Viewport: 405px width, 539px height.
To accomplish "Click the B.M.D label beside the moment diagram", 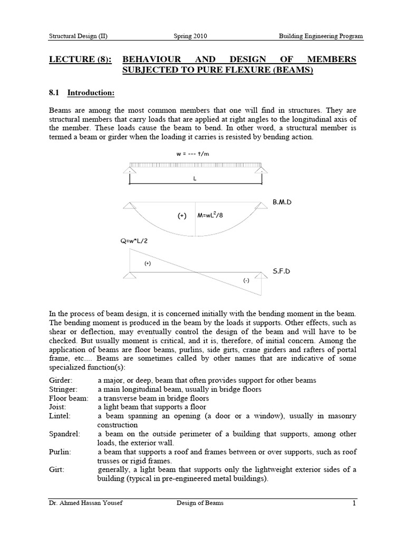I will [285, 202].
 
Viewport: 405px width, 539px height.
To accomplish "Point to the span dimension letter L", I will [195, 178].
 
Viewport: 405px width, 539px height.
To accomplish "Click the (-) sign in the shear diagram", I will [246, 281].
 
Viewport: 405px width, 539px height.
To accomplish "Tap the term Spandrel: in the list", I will [64, 434].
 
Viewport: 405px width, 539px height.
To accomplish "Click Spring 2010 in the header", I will [190, 36].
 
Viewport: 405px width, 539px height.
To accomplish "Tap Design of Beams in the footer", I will [200, 503].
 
